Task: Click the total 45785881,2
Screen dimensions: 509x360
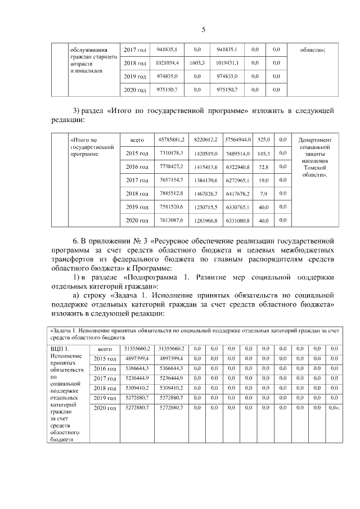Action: pyautogui.click(x=172, y=139)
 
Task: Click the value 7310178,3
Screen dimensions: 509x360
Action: pyautogui.click(x=172, y=153)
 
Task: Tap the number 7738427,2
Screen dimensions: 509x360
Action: pyautogui.click(x=172, y=167)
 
